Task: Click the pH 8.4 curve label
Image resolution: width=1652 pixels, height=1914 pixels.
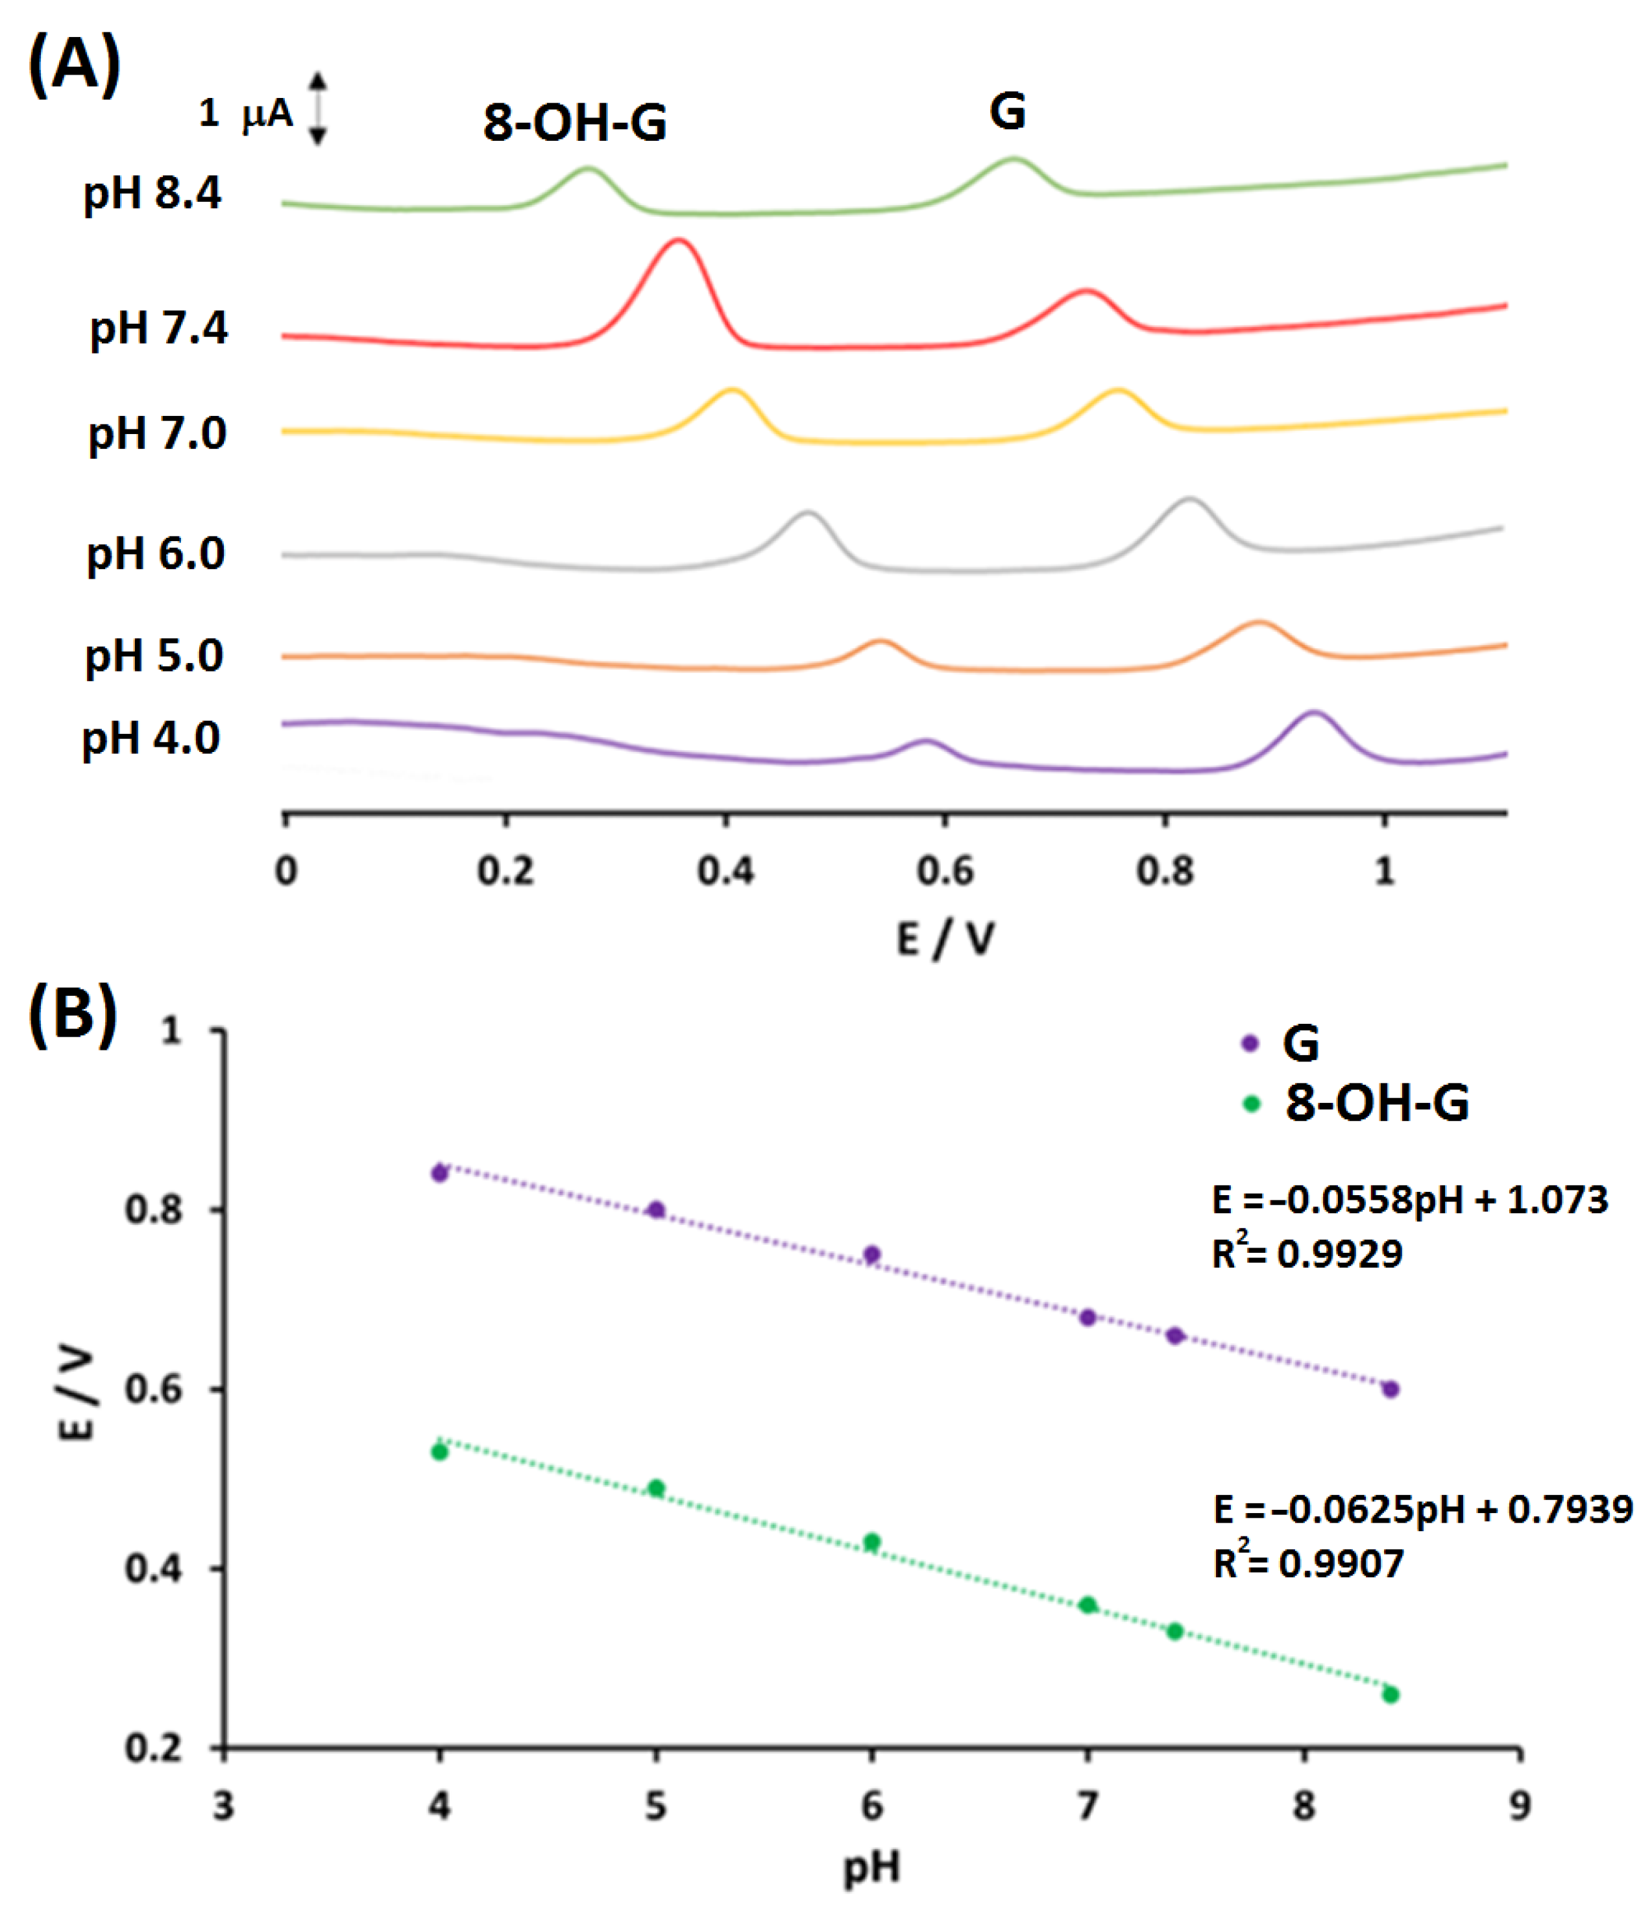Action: point(152,193)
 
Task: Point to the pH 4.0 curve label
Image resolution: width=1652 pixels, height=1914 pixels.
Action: point(151,738)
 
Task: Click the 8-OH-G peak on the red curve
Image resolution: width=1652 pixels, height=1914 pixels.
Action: point(679,242)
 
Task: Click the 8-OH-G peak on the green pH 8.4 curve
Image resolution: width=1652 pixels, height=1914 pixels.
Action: point(588,169)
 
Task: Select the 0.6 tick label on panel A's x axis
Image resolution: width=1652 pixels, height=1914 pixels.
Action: point(945,871)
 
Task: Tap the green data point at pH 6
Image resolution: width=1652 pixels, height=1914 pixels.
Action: point(871,1542)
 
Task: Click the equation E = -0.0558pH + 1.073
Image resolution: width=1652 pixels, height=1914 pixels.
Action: point(1409,1200)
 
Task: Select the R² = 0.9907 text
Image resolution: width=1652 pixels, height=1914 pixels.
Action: point(1307,1563)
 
